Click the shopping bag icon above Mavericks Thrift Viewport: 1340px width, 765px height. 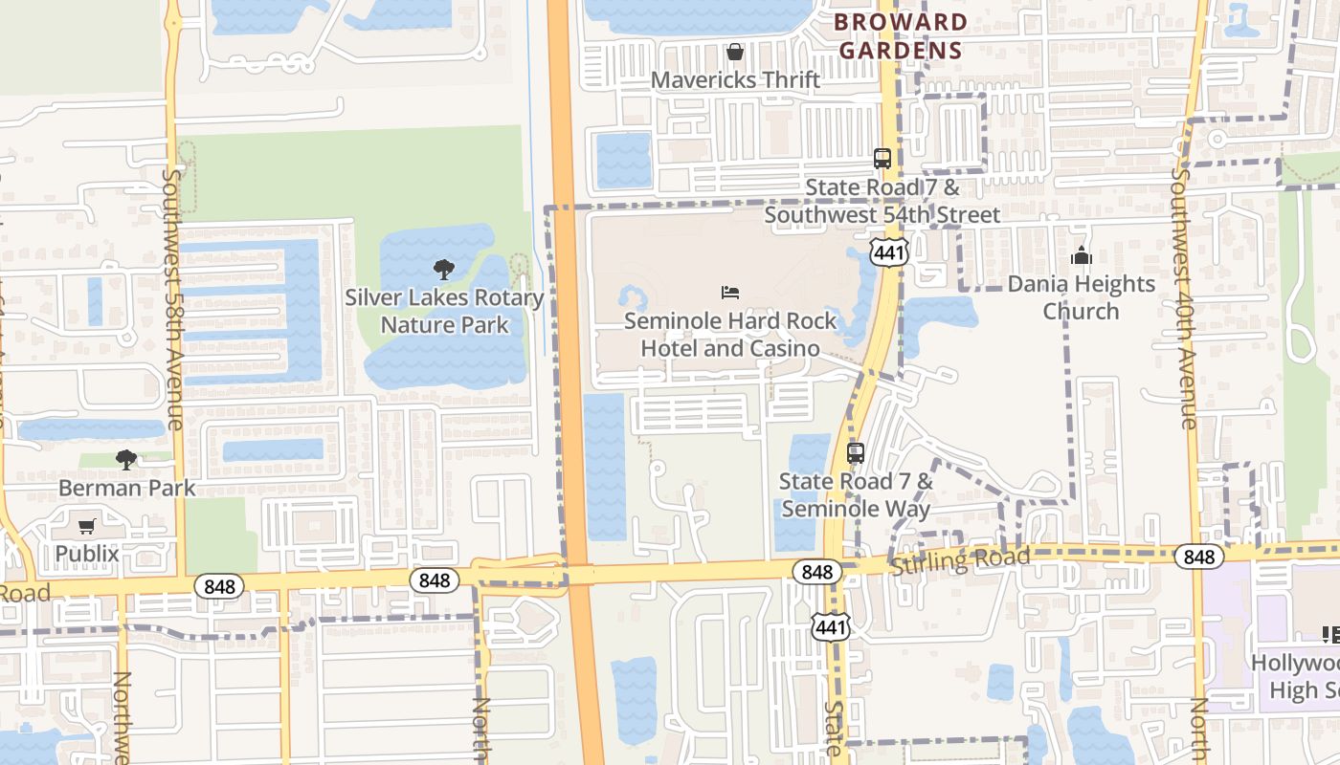click(x=735, y=52)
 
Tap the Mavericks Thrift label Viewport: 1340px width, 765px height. click(x=735, y=79)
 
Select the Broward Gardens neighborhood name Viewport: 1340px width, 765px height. click(x=900, y=36)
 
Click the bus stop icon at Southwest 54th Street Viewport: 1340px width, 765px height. click(x=882, y=159)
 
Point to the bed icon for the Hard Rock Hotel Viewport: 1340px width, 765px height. click(x=730, y=292)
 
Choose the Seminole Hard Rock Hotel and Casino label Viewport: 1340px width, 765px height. click(x=730, y=335)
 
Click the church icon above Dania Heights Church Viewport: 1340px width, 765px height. click(x=1082, y=255)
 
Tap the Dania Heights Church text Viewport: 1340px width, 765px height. click(x=1082, y=297)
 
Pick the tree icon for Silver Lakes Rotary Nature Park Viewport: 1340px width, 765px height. click(x=444, y=270)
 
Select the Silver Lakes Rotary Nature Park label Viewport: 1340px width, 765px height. click(x=444, y=311)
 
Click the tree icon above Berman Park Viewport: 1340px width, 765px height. click(x=126, y=460)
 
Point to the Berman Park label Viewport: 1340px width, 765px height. click(x=127, y=488)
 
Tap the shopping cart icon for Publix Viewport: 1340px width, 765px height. click(x=87, y=526)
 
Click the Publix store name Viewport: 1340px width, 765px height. click(x=87, y=554)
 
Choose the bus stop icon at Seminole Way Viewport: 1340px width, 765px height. click(x=856, y=453)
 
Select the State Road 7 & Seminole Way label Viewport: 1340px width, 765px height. click(x=856, y=494)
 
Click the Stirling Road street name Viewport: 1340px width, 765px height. click(x=960, y=561)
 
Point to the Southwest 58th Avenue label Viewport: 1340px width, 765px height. click(x=173, y=298)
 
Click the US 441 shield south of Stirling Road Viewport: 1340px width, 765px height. click(x=830, y=627)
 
